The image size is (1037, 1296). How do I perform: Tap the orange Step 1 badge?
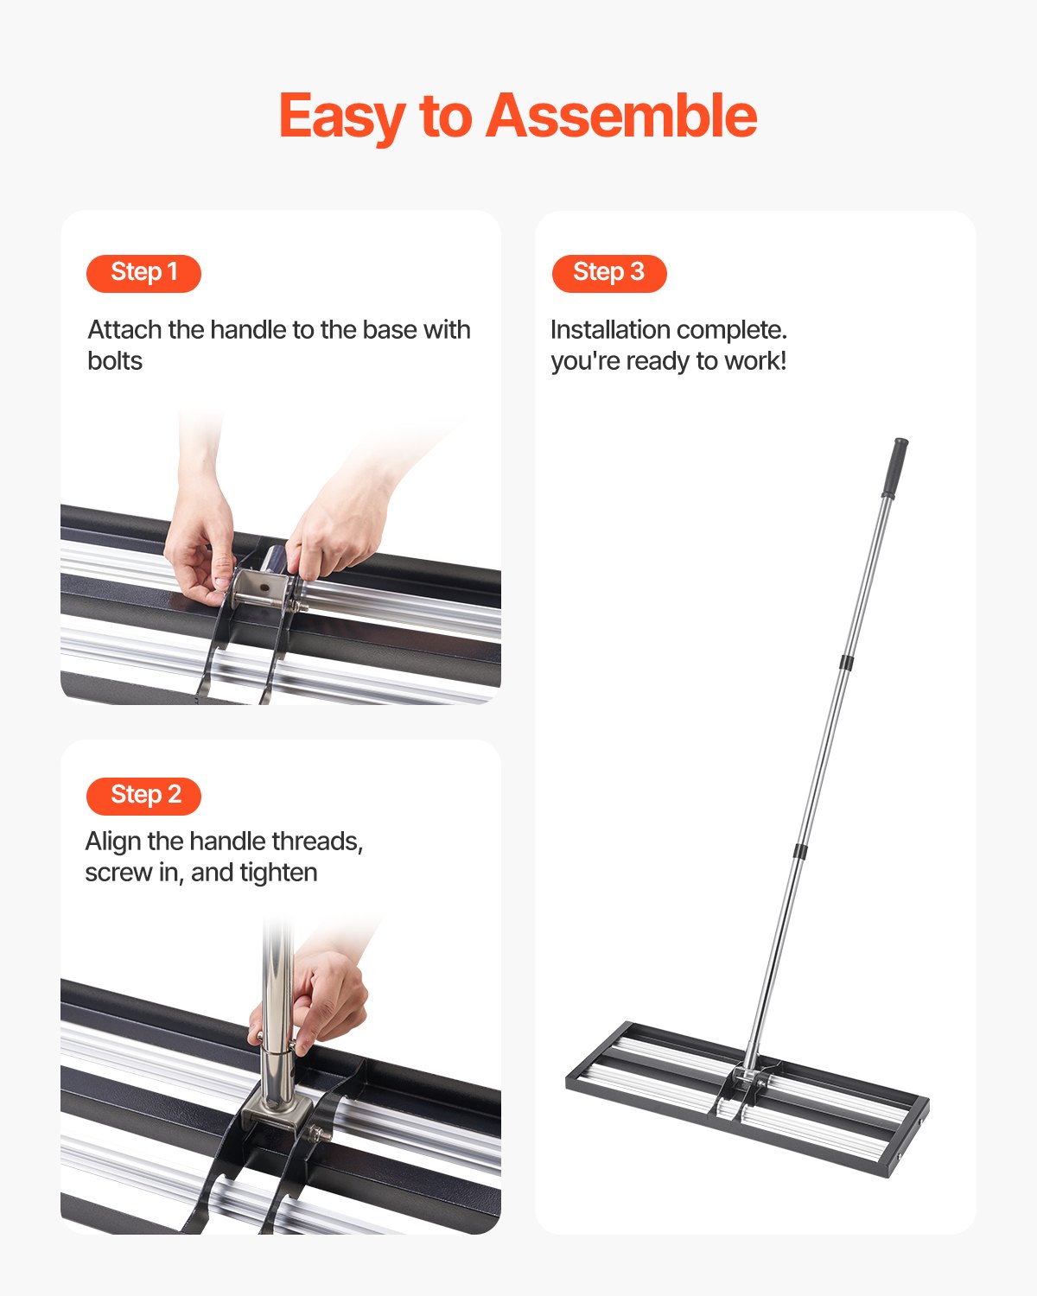[143, 273]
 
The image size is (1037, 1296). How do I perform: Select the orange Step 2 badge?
[143, 796]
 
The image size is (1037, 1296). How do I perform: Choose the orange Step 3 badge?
[609, 273]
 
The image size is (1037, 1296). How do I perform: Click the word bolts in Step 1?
[115, 361]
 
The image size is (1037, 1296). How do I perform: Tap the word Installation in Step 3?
[610, 330]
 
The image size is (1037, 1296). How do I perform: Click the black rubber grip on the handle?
[894, 467]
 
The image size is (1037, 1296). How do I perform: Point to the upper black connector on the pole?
[846, 663]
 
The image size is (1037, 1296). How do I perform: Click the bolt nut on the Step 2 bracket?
[322, 1134]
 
